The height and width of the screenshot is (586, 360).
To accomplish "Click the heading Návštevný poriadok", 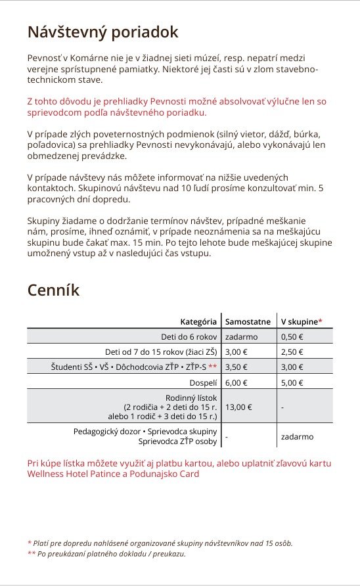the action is pos(102,32).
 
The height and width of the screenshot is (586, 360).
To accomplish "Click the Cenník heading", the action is pos(53,290).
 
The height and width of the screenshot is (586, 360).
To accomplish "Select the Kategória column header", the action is pos(198,322).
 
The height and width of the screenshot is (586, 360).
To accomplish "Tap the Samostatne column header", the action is pos(248,322).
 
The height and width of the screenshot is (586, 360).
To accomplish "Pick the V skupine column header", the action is pos(302,322).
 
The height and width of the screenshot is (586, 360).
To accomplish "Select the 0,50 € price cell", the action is pos(292,336).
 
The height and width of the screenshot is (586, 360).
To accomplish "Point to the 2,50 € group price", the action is pos(292,351).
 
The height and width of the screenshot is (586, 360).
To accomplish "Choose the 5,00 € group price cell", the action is pos(292,382).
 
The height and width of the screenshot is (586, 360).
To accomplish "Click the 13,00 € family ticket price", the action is pos(238,407).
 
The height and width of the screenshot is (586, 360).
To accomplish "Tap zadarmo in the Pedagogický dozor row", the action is pos(297,436).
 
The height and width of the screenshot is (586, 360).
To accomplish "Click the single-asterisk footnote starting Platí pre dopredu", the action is pos(160,543).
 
